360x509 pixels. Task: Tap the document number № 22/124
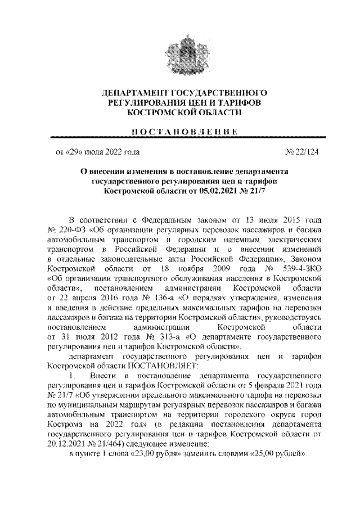pos(300,152)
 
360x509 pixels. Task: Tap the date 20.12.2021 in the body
pos(69,443)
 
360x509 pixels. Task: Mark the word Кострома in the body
pos(66,424)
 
